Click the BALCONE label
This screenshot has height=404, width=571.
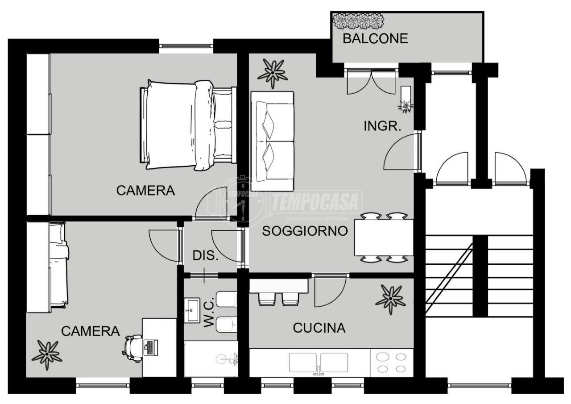tap(375, 38)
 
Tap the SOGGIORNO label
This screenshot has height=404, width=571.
tap(305, 231)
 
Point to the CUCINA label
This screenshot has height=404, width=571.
tap(319, 328)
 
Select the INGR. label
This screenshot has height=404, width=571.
tap(382, 126)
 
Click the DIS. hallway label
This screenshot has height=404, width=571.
tap(206, 255)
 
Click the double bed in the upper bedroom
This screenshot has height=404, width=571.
tap(188, 125)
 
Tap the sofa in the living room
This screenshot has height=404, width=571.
tap(273, 142)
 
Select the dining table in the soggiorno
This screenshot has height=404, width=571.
tap(384, 237)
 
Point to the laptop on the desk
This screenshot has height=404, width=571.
tap(151, 347)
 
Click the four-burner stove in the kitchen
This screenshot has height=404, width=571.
tap(391, 362)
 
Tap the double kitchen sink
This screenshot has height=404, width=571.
tap(319, 363)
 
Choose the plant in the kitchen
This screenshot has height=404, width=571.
tap(390, 299)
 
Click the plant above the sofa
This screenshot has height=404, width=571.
tap(273, 74)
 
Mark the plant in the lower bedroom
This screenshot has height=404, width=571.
tap(47, 355)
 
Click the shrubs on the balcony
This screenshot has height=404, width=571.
tap(358, 21)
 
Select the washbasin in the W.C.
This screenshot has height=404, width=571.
tap(192, 310)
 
